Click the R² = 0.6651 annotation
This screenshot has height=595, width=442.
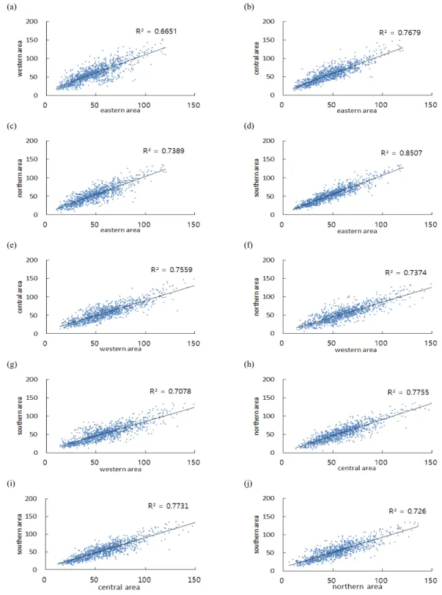(x=156, y=31)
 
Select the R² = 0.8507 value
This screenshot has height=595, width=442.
(x=401, y=153)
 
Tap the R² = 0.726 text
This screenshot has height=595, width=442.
(x=407, y=511)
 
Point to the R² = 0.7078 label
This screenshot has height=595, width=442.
(x=170, y=391)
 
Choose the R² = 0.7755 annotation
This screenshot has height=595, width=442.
(x=408, y=393)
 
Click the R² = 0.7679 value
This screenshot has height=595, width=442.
(x=400, y=32)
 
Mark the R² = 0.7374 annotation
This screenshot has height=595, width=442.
(x=405, y=272)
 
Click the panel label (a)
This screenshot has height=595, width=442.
(x=12, y=7)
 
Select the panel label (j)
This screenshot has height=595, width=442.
(x=248, y=483)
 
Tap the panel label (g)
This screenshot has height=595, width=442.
(x=12, y=365)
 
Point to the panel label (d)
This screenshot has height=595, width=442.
(x=248, y=126)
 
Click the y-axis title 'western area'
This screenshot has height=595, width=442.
(x=20, y=59)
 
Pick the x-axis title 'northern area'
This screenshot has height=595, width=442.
(x=357, y=587)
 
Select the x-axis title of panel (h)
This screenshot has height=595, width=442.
(x=357, y=468)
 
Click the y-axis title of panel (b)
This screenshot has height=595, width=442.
(x=257, y=59)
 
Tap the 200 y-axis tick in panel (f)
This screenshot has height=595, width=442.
(x=268, y=260)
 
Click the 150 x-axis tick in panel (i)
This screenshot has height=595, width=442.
(x=194, y=580)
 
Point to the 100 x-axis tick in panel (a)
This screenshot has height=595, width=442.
(x=144, y=105)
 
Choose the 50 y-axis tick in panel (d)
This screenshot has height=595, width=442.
(x=270, y=196)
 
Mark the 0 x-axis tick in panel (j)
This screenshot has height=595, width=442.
(x=281, y=580)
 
